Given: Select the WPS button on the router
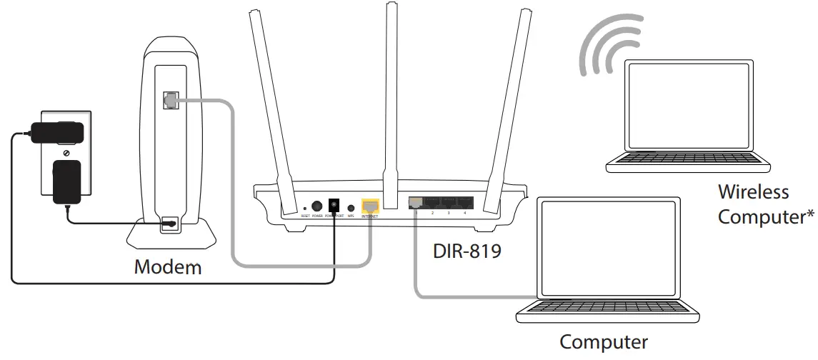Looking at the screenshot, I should pyautogui.click(x=351, y=207).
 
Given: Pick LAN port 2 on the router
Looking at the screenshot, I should pyautogui.click(x=432, y=204).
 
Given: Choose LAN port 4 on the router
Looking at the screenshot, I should pyautogui.click(x=464, y=204).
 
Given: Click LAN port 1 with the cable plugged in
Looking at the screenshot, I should pyautogui.click(x=416, y=204).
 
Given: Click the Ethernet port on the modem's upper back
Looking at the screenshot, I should pyautogui.click(x=170, y=101).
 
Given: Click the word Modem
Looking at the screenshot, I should pyautogui.click(x=168, y=268).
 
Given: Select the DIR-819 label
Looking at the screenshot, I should pyautogui.click(x=467, y=251).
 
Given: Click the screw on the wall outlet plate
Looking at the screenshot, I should pyautogui.click(x=66, y=153).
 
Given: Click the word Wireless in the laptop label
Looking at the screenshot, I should pyautogui.click(x=753, y=192).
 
